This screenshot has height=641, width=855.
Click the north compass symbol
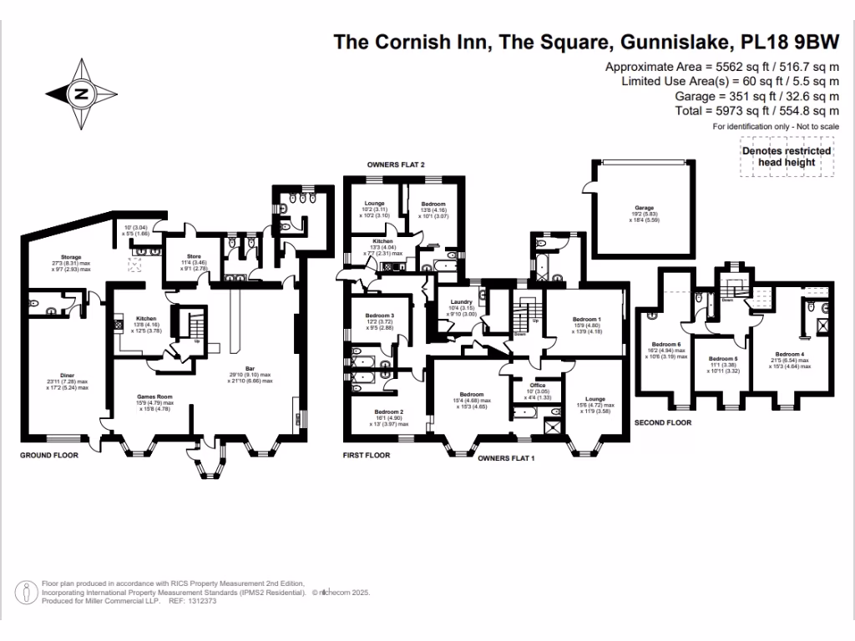[81, 93]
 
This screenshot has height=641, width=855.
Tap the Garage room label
[643, 208]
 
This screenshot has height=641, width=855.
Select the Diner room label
[67, 376]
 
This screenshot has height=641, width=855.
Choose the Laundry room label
[462, 302]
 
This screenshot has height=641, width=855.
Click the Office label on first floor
[538, 385]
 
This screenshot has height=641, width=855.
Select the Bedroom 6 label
[666, 344]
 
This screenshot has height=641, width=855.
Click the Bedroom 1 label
[586, 320]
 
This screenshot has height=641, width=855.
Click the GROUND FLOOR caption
[49, 456]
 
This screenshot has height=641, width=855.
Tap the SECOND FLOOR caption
[664, 422]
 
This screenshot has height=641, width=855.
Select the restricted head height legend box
[786, 157]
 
